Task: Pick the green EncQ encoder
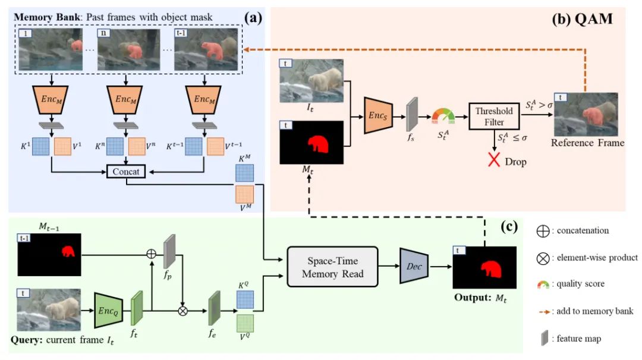109,310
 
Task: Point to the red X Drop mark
493,160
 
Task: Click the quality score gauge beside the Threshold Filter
442,115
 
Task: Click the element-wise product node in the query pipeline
182,310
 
